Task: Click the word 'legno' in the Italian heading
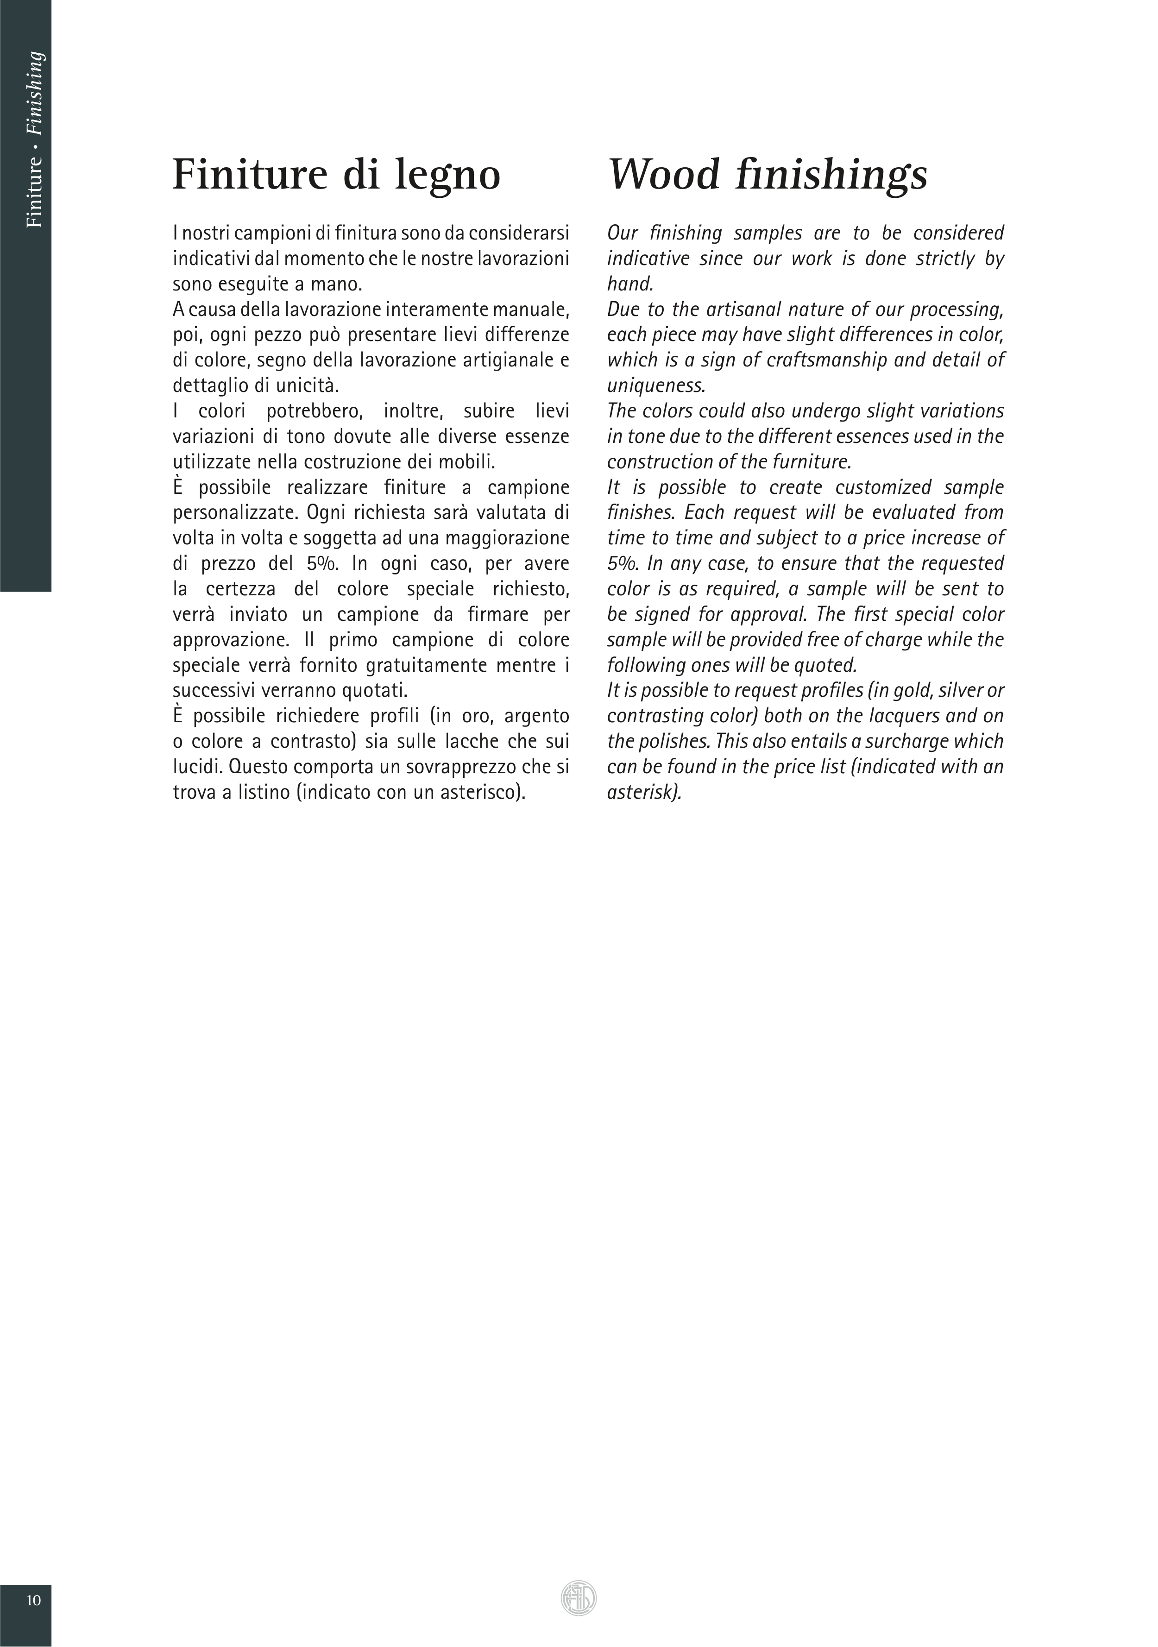pos(447,176)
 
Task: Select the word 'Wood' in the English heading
pos(663,174)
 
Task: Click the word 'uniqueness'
pos(656,386)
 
